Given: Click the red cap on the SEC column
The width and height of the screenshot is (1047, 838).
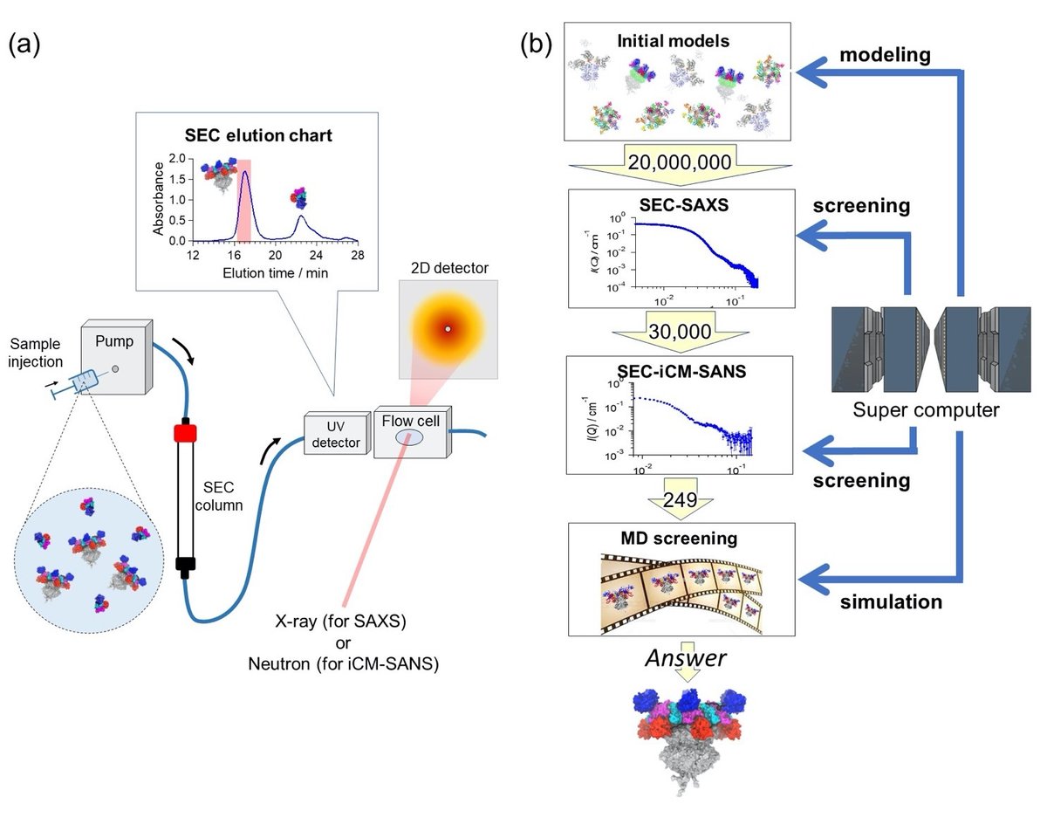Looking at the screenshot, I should click(x=182, y=433).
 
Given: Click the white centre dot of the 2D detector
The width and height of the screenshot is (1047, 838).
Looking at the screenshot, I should click(x=448, y=328).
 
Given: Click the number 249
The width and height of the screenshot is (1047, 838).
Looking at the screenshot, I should click(x=681, y=500).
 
